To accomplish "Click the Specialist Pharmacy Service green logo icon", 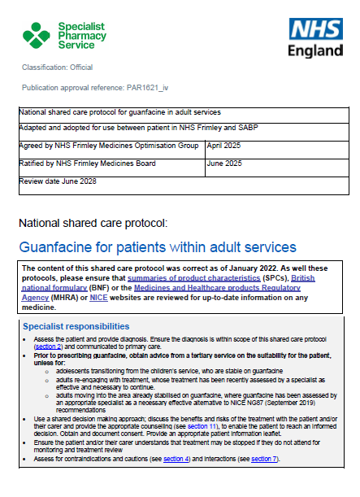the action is tap(36, 36).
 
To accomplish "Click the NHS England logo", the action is tap(315, 38).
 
